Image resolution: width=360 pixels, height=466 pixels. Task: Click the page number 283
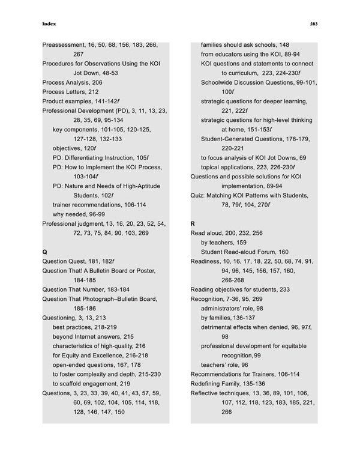tap(313, 25)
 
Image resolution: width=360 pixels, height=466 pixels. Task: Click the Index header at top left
tap(50, 25)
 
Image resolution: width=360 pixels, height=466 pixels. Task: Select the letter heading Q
tap(45, 246)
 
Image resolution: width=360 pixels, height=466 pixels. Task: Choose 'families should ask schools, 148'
tap(245, 45)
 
